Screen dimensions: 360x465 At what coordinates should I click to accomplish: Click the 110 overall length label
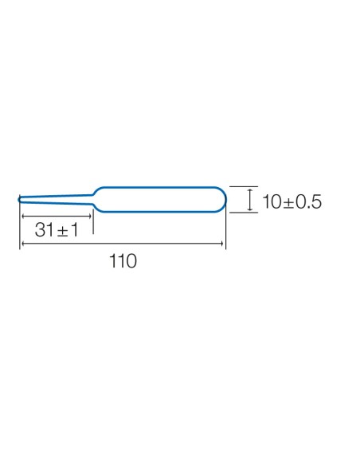click(123, 261)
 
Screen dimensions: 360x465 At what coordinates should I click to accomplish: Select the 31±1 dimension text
click(57, 229)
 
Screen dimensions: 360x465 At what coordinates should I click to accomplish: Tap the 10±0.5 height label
click(292, 201)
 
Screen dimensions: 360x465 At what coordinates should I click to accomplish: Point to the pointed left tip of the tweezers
click(19, 200)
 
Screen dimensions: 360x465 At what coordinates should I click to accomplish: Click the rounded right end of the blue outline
click(225, 200)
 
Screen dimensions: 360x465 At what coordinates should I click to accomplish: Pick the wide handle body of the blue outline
click(160, 187)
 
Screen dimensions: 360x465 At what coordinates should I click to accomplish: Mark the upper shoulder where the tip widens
click(95, 193)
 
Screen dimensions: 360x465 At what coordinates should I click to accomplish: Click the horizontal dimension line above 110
click(123, 244)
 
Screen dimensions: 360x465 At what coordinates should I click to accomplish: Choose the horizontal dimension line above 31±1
click(57, 217)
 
